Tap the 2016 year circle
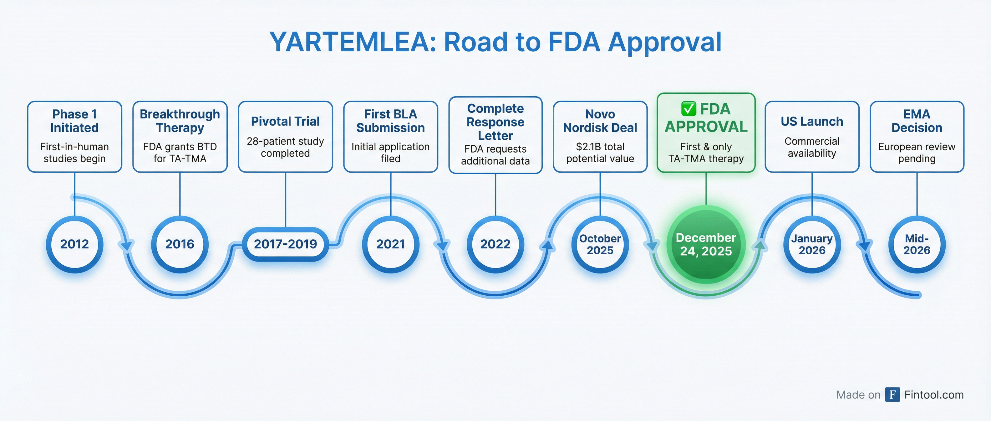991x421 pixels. click(x=180, y=244)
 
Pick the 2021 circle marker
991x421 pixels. click(x=390, y=244)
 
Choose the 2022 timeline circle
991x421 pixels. click(x=495, y=244)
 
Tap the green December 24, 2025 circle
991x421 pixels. click(x=706, y=244)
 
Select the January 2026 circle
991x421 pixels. click(x=812, y=244)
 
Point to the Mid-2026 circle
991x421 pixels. click(x=917, y=244)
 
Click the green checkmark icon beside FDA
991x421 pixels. click(x=688, y=109)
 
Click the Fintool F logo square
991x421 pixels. click(x=892, y=394)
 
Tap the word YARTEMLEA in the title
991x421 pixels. click(x=352, y=42)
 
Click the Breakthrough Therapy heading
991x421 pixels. click(x=180, y=121)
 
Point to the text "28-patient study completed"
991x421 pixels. click(x=285, y=147)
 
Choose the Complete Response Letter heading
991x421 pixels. click(x=495, y=122)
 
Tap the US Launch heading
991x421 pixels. click(x=812, y=121)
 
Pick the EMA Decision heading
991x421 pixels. click(x=917, y=121)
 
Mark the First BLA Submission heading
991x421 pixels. click(x=390, y=121)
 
